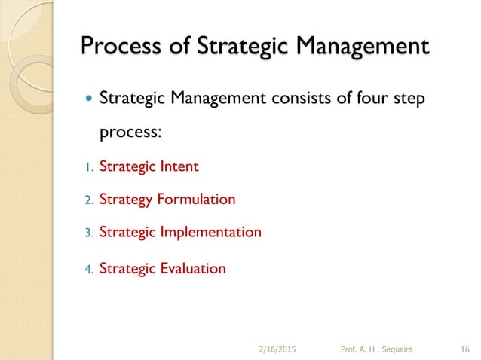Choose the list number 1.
coord(87,167)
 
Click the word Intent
coord(179,166)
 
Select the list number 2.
coord(87,200)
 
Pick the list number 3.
coord(87,233)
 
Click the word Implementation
coord(212,233)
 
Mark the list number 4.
coord(87,269)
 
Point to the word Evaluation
coord(193,268)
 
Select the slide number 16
coord(465,349)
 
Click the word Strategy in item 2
coord(127,200)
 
